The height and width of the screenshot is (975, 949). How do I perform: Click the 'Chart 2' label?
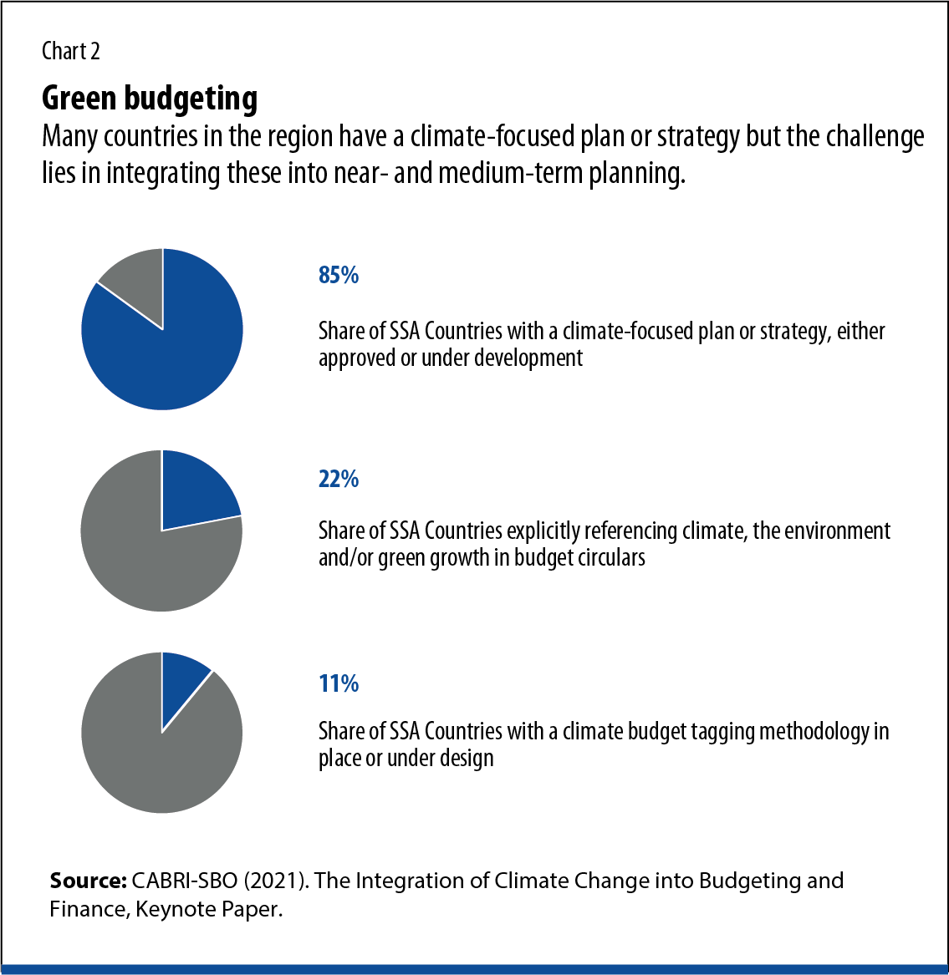71,52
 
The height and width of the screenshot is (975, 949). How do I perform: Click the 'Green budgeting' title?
150,99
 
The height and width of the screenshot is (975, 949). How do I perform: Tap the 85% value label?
339,275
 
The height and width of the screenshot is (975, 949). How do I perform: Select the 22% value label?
339,479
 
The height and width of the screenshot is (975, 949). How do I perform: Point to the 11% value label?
339,683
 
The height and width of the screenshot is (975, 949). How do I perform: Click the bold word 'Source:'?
86,881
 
